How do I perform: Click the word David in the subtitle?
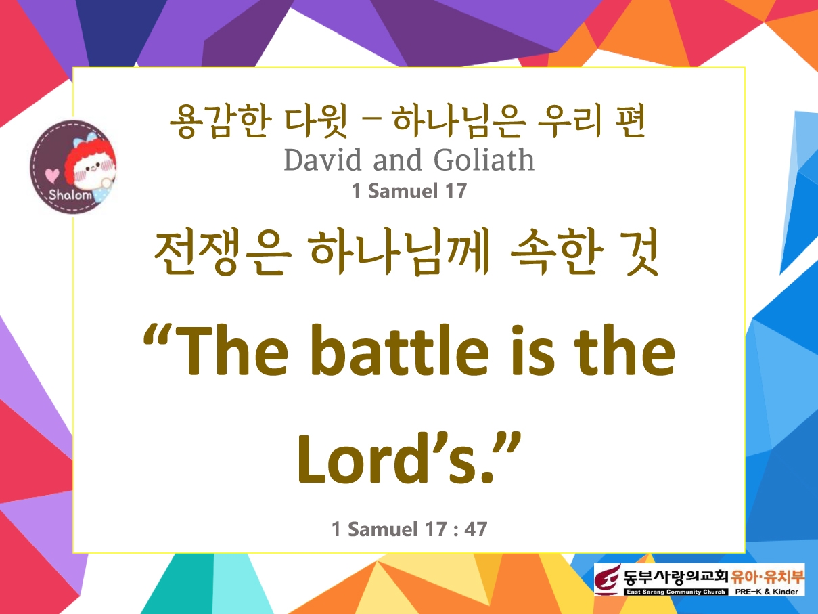323,160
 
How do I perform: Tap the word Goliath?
484,160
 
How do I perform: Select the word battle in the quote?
401,351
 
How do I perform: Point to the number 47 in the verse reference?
476,529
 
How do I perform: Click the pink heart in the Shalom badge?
52,175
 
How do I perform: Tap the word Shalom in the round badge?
70,194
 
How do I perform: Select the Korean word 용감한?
219,122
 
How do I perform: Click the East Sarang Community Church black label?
676,592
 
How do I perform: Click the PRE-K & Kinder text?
767,592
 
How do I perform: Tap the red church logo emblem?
608,579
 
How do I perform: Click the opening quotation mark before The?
158,336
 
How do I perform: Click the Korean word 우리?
570,122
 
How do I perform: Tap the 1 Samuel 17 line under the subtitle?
409,190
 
